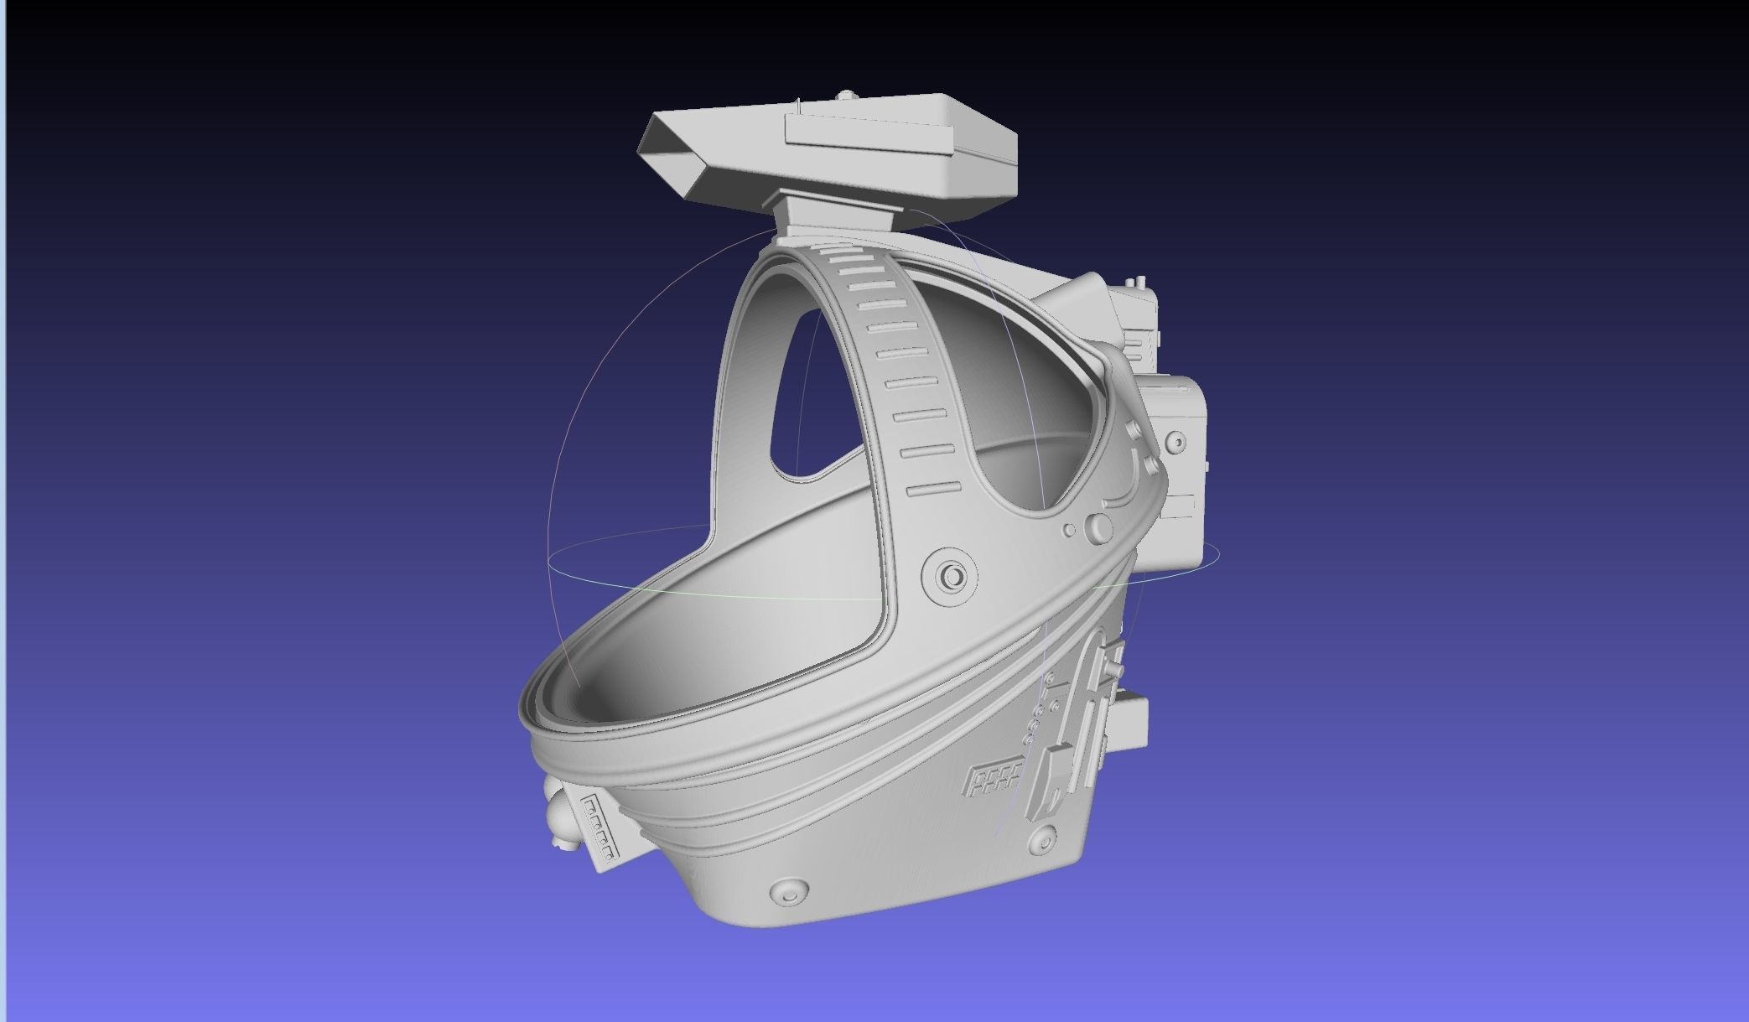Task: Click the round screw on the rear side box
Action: pos(1176,441)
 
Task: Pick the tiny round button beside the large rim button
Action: pos(1069,531)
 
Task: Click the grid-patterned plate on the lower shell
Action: pos(994,781)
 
